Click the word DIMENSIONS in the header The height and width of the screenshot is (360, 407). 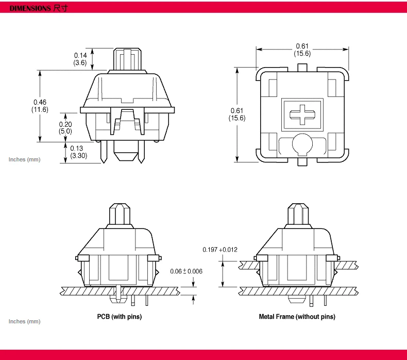(x=30, y=9)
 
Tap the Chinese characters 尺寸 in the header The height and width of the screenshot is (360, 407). (x=60, y=9)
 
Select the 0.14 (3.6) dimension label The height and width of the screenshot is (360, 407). (x=80, y=59)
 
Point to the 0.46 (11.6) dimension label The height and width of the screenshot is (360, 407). (x=40, y=106)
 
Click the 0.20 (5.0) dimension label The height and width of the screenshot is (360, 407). (x=65, y=127)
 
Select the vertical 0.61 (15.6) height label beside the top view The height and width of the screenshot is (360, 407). (x=237, y=114)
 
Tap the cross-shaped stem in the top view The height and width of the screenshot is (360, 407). (x=302, y=114)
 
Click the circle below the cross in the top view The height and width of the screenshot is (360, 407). (x=302, y=144)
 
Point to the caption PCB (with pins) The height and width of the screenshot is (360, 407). (x=120, y=317)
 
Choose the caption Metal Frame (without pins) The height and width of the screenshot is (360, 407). (x=297, y=317)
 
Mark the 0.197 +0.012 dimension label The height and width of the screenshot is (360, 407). (x=220, y=250)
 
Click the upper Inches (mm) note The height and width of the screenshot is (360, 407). (x=24, y=159)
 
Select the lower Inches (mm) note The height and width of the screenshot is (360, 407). (x=24, y=321)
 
